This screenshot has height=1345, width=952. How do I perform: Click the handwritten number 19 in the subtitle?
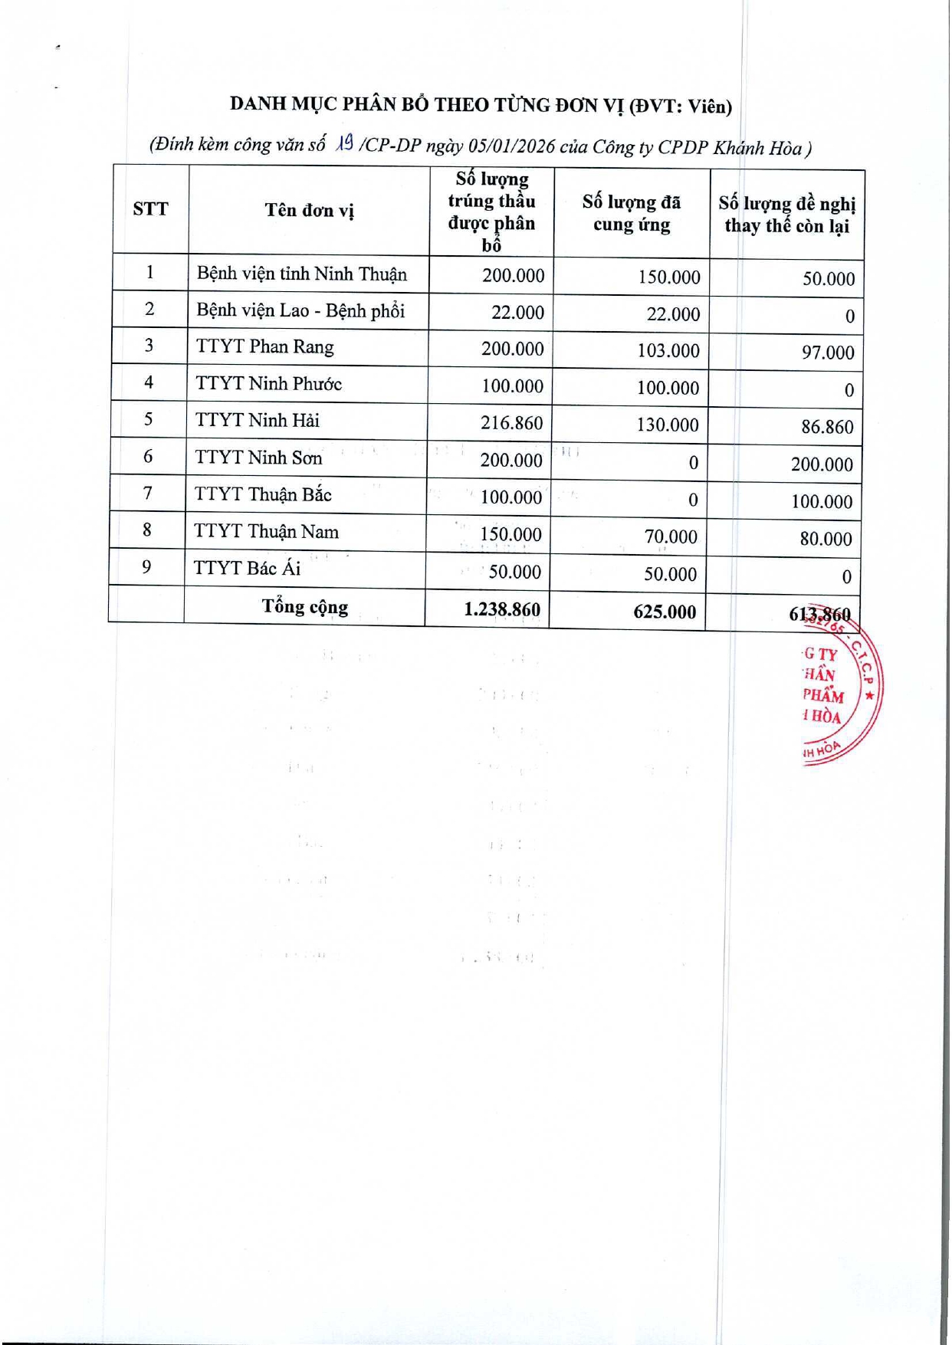345,143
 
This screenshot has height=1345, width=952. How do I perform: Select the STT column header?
150,209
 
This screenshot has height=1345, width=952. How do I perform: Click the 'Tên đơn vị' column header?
309,210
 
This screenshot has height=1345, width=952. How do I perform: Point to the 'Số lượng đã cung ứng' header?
631,213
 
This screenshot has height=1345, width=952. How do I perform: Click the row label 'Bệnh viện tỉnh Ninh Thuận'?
301,274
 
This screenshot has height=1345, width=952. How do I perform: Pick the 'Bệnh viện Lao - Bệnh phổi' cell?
300,310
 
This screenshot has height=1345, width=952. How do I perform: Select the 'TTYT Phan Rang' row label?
264,346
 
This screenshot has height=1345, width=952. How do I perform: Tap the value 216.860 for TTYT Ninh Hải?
511,422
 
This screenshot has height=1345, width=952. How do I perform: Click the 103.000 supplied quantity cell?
668,351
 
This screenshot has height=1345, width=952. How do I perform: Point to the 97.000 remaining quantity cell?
827,353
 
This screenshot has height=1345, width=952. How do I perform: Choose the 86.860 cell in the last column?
827,427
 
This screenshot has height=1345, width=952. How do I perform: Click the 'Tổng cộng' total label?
305,607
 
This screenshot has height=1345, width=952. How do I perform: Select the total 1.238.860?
502,610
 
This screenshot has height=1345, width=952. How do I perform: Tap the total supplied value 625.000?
665,612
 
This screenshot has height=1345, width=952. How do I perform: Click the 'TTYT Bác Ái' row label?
247,568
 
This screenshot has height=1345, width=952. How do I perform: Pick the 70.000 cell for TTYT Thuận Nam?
671,537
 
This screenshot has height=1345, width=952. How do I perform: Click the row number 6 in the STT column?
148,457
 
